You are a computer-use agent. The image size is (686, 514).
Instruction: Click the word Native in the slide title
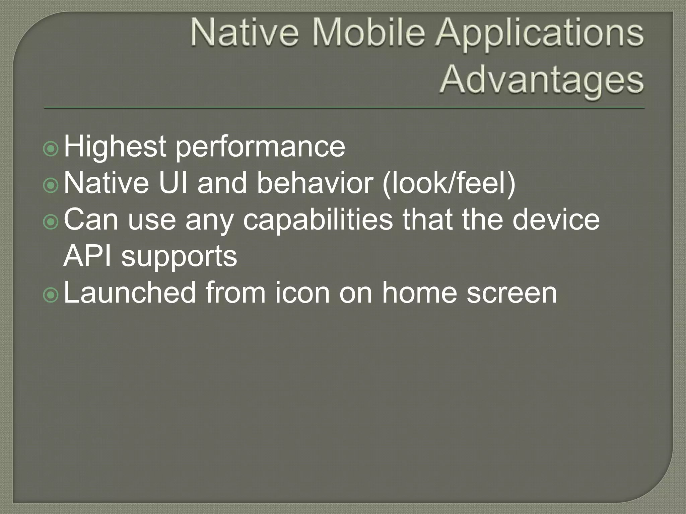(x=245, y=34)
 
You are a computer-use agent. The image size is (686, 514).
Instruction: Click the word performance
(x=260, y=148)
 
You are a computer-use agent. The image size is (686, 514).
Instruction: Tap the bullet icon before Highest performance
(x=51, y=149)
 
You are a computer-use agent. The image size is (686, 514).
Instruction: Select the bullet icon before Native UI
(x=51, y=185)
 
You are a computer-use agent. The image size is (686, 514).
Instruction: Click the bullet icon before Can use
(x=51, y=222)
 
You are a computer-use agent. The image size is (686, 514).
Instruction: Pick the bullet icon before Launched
(x=51, y=295)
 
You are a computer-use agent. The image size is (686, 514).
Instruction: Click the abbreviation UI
(x=173, y=183)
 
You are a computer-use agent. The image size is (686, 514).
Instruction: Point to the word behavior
(x=315, y=184)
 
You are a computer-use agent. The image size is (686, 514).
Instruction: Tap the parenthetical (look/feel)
(x=449, y=184)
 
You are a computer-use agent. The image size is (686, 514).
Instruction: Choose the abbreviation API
(x=87, y=256)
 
